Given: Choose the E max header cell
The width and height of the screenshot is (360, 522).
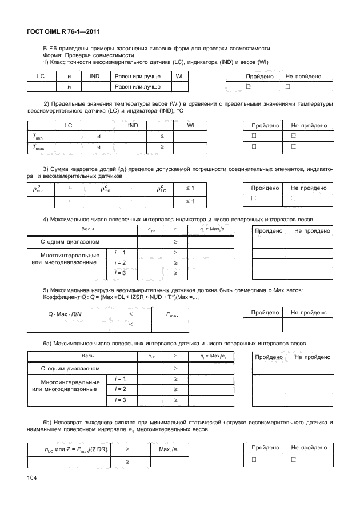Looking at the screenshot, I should point(171,314).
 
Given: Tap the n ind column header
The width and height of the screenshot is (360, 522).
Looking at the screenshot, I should point(151,230).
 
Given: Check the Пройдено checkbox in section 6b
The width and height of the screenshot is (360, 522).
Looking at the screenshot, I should point(249,460).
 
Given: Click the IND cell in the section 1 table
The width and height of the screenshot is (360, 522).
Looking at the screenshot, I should point(90,76).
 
